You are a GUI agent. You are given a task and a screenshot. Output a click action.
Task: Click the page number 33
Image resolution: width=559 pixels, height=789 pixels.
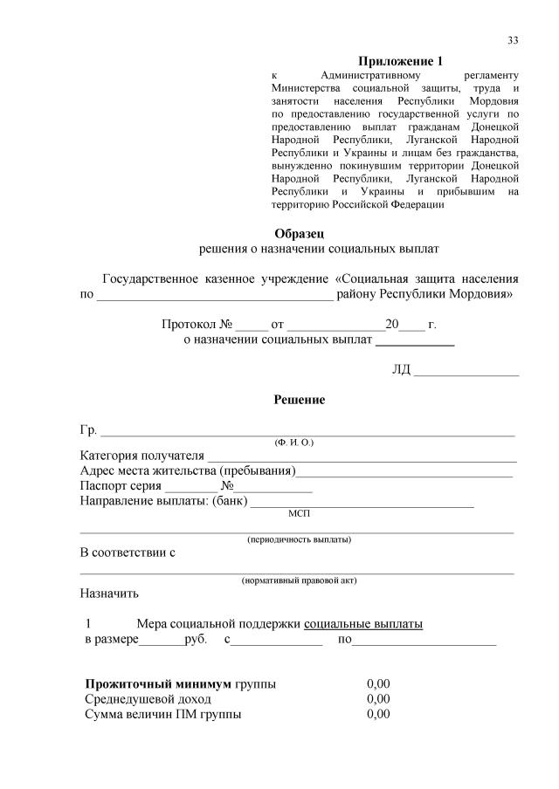point(513,41)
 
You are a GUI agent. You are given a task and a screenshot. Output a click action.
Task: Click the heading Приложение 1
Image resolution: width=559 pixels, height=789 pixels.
point(401,61)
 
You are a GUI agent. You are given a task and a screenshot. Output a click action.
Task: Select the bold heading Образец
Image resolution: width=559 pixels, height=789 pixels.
point(300,233)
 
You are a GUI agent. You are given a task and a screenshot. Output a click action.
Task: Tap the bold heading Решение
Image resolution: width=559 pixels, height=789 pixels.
point(300,399)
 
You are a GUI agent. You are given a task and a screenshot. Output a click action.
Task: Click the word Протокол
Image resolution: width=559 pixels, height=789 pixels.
point(187,325)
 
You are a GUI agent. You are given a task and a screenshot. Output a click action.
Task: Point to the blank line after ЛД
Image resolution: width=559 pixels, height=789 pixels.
point(466,374)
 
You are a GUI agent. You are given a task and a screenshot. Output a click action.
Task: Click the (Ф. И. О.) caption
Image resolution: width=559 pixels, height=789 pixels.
point(294,443)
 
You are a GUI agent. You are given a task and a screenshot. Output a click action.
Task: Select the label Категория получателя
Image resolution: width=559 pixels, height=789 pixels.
point(141,456)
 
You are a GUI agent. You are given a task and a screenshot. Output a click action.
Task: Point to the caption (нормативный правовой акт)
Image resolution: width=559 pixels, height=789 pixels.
point(299,580)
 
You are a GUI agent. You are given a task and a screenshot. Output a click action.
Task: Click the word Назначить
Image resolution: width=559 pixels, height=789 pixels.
point(109,594)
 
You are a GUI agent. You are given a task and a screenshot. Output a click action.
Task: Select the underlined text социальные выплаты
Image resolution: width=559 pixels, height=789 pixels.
point(363,624)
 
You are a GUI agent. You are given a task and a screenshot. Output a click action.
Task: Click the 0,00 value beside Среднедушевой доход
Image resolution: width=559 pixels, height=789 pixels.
point(378,699)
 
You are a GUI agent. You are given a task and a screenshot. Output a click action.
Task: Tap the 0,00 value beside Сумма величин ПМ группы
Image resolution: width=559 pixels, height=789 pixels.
point(378,715)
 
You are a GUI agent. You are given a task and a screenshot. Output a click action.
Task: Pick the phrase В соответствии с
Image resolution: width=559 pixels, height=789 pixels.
point(128,553)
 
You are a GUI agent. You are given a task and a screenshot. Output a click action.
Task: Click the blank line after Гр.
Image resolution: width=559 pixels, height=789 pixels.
point(307,431)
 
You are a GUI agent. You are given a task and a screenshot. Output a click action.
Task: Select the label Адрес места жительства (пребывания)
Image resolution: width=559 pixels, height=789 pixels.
point(187,471)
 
